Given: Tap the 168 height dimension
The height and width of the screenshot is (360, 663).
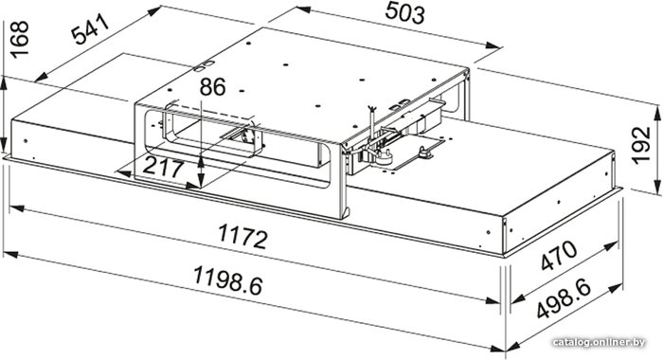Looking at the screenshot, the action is click(x=19, y=39).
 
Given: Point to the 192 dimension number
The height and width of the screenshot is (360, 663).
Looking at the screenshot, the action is click(x=640, y=145).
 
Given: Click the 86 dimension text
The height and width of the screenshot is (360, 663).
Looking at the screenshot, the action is click(x=213, y=87).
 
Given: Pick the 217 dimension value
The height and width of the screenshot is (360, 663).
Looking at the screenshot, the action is click(x=163, y=168).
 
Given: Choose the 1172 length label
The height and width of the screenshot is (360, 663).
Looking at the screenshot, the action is click(x=242, y=237).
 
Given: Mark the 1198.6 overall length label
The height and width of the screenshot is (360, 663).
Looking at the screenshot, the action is click(x=228, y=280).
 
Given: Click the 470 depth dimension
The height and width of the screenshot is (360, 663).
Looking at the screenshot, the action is click(x=559, y=256).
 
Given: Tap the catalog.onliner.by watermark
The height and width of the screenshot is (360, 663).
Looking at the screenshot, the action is click(x=600, y=342).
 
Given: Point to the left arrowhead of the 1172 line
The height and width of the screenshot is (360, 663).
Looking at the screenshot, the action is click(x=17, y=208).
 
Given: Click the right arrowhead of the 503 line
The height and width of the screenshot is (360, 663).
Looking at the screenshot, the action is click(x=493, y=45).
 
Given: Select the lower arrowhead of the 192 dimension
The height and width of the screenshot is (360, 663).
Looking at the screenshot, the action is click(x=657, y=187).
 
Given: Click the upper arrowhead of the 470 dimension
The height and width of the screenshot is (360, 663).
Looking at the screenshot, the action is click(x=612, y=245).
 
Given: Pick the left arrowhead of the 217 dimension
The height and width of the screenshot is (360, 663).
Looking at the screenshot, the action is click(x=122, y=172).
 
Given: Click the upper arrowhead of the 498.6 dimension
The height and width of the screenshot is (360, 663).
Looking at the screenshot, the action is click(x=616, y=288).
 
